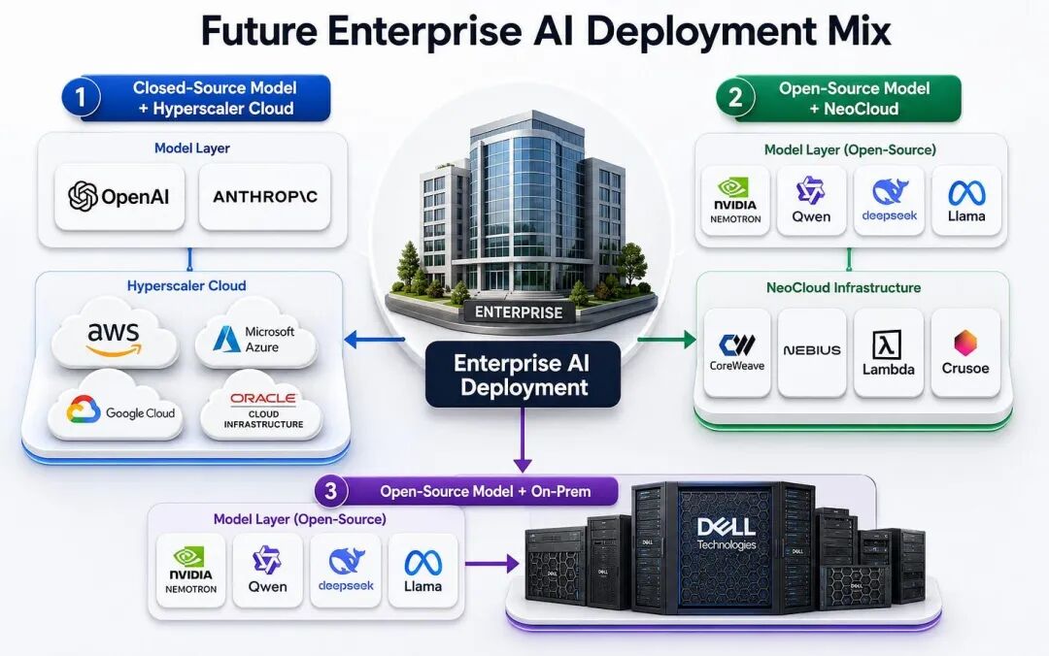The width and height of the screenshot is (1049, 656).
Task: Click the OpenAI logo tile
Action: [x=119, y=197]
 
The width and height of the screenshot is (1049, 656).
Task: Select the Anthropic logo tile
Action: [x=265, y=197]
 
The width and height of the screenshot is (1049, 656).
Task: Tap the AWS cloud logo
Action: [x=115, y=336]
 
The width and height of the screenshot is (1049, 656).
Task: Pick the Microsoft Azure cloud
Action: [x=256, y=336]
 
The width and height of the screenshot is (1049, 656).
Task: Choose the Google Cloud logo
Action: [x=116, y=409]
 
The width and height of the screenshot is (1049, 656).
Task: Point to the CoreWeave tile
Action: [x=736, y=352]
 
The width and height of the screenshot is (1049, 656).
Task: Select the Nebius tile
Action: [x=812, y=352]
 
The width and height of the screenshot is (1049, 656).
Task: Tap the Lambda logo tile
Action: [x=889, y=352]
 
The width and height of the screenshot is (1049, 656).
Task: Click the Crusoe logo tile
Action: [x=965, y=352]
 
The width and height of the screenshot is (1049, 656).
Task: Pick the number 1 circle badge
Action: [x=81, y=98]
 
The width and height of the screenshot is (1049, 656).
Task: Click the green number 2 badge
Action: [x=735, y=98]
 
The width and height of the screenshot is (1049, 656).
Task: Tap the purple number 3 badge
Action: [x=330, y=491]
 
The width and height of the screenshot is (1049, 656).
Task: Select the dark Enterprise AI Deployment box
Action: [x=524, y=375]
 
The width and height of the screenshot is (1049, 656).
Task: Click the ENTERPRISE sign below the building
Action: [x=519, y=312]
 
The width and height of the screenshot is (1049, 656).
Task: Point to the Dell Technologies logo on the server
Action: [x=726, y=534]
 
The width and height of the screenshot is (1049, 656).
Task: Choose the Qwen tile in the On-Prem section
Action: [x=268, y=571]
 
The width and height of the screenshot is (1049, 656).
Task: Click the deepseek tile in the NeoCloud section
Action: [x=889, y=200]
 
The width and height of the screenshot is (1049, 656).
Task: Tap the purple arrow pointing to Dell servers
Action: [x=492, y=564]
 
